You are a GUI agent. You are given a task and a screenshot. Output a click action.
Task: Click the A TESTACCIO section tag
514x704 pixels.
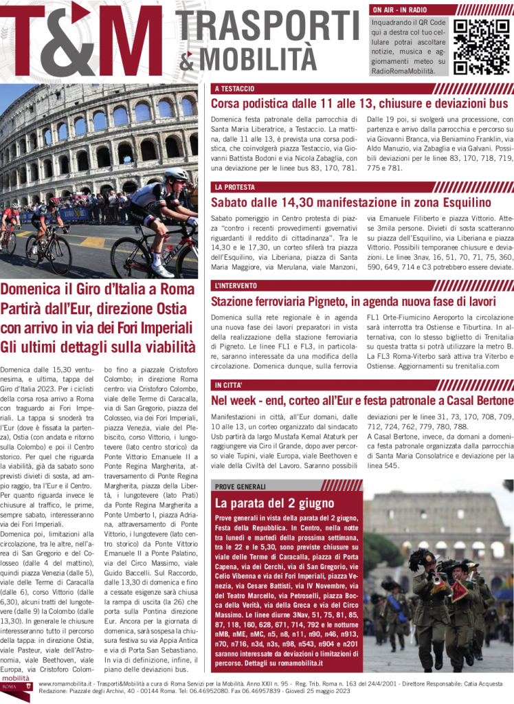(234, 89)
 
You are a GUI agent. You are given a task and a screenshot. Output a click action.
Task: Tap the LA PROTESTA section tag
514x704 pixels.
(234, 187)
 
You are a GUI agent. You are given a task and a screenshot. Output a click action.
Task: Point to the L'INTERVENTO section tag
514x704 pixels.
(237, 285)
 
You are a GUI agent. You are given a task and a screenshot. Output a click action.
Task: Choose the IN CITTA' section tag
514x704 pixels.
(230, 385)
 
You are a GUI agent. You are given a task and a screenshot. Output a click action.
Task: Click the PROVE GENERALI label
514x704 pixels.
(241, 486)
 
